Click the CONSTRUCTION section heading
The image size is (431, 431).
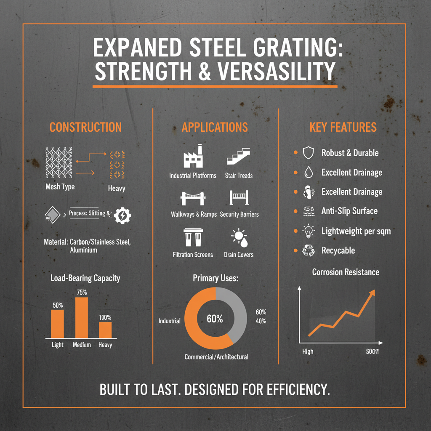coord(85,127)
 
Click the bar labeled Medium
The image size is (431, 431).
coord(82,317)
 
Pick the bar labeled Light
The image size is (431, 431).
coord(58,324)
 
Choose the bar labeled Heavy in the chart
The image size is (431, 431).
coord(105,330)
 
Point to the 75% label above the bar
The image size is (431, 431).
coord(82,292)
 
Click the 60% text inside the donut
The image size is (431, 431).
coord(215,319)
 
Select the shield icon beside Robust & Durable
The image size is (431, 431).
coord(309,153)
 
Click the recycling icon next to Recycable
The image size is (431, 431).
coord(309,251)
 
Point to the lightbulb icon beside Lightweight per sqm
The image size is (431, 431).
coord(309,231)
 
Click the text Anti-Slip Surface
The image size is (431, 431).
coord(349,211)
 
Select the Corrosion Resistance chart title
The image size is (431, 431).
coord(346,272)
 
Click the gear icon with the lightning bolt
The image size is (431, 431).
coord(122,215)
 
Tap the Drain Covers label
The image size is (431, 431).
coord(238,255)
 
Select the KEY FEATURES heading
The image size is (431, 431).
coord(343,127)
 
